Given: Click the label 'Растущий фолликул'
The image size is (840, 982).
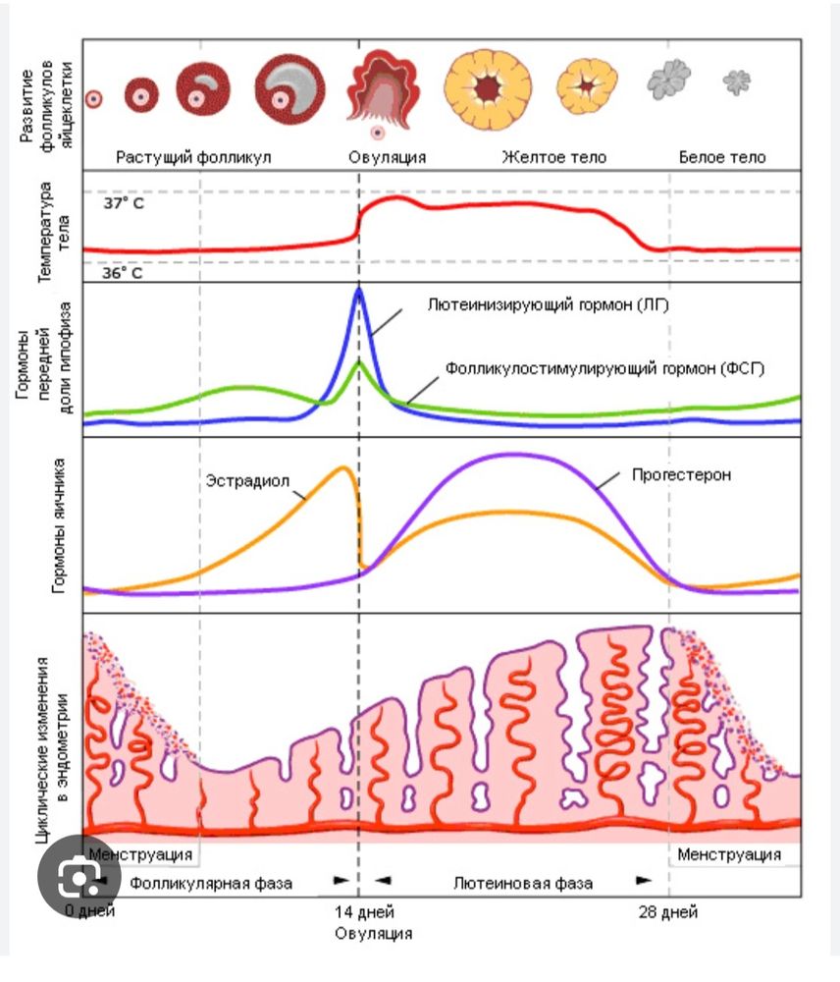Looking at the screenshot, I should pos(193,157).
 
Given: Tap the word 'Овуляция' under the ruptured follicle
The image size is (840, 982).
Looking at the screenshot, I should pos(388,157).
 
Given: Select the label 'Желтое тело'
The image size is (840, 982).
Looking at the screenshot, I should pos(553,157).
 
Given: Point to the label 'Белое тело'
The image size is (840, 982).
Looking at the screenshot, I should pos(722,157).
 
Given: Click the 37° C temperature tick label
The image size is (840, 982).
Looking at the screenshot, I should pos(123,205).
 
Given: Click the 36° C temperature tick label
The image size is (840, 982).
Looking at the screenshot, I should pos(123,273).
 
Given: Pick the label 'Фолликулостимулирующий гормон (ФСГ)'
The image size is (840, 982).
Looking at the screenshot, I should pos(604,369).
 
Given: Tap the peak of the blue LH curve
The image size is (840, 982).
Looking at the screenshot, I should pos(359,289).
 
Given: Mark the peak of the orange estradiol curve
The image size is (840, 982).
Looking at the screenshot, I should pos(343,467).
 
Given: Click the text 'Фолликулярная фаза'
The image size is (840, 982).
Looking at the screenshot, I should pos(211,882).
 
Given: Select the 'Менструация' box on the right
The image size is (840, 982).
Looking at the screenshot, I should pos(729,853).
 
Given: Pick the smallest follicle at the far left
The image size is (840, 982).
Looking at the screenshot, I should pos(93,98).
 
